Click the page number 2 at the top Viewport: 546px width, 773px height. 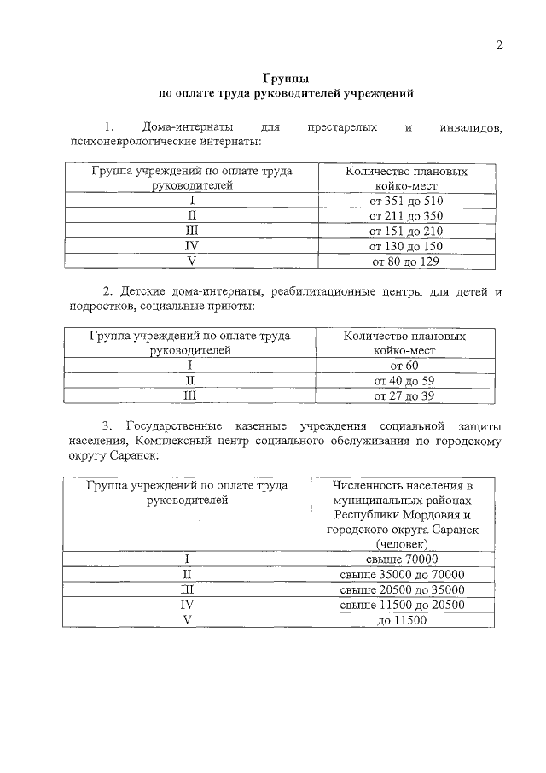499,44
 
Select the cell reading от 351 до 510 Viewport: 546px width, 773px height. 407,201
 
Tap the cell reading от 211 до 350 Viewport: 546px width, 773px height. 407,216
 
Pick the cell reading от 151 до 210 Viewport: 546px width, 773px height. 407,231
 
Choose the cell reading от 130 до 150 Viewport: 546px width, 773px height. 407,246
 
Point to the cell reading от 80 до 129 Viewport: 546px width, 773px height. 407,261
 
